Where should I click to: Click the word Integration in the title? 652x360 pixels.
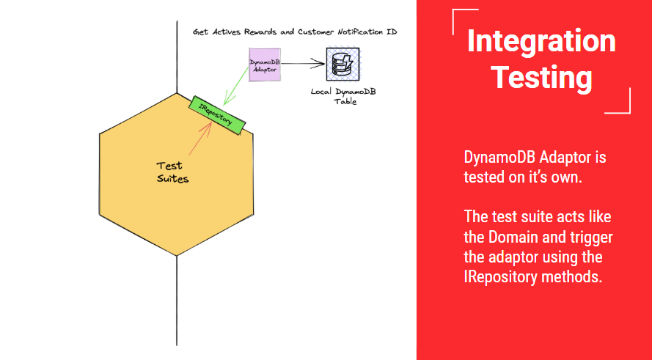pos(541,42)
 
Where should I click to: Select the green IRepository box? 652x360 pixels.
pos(216,112)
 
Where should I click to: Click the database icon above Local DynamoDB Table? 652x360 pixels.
pos(341,65)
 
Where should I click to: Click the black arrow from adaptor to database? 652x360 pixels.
pos(304,65)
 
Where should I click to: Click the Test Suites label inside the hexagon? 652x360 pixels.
pos(173,172)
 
